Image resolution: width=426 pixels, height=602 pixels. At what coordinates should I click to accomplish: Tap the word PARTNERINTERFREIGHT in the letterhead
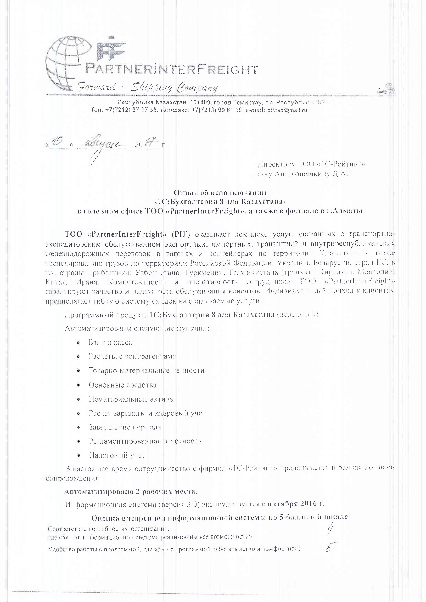click(x=172, y=70)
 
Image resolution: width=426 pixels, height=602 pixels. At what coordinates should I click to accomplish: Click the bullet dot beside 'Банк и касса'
click(x=78, y=343)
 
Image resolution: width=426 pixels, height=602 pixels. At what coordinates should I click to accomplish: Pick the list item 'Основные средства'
click(x=123, y=385)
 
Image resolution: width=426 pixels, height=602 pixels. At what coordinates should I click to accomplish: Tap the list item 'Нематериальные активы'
click(x=132, y=399)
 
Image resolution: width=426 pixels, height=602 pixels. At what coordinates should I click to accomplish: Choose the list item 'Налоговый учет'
click(x=117, y=455)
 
